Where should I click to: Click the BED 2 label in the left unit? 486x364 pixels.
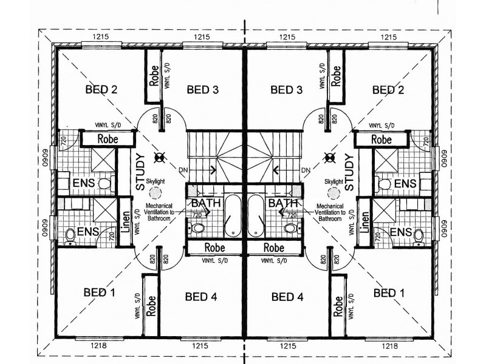(101, 90)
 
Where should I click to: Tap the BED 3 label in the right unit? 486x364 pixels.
(286, 90)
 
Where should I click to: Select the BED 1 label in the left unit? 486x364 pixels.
(99, 292)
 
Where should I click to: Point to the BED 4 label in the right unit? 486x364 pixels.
(287, 297)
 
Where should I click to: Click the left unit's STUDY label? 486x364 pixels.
(140, 172)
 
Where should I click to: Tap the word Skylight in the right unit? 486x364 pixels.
(334, 181)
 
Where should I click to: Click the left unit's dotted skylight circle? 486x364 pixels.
(156, 193)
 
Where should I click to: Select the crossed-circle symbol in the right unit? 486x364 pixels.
(329, 158)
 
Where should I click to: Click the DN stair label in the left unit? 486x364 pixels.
(183, 170)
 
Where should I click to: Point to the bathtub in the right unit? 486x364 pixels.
(256, 215)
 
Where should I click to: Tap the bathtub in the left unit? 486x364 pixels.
(233, 215)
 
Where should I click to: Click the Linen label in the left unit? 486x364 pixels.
(125, 222)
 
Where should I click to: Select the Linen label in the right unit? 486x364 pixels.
(365, 222)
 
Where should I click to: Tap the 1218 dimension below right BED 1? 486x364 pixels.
(389, 345)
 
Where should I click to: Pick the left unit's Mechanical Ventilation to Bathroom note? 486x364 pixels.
(159, 212)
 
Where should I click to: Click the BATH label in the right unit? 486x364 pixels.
(282, 203)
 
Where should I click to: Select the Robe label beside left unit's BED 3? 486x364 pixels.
(154, 75)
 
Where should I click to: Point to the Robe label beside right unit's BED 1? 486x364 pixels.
(338, 306)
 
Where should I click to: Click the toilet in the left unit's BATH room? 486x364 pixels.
(198, 228)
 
